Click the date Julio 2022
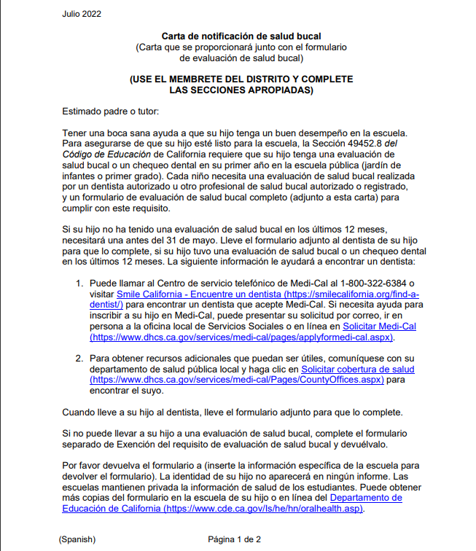[82, 14]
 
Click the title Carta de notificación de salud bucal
[241, 36]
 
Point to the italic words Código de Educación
[107, 155]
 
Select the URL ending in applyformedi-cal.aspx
[241, 337]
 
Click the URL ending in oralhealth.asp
[263, 508]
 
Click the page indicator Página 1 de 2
[234, 539]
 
